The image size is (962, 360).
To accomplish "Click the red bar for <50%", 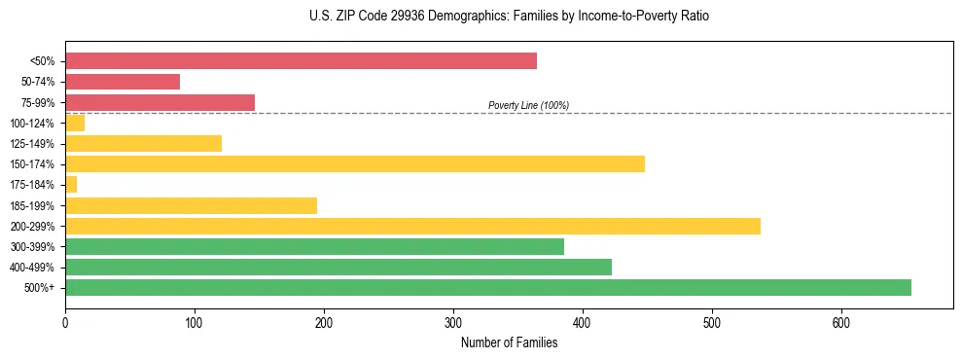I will [301, 61].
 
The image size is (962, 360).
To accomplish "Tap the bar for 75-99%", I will [160, 102].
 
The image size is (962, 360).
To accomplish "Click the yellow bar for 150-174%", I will [354, 164].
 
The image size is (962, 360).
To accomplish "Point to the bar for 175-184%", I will [71, 185].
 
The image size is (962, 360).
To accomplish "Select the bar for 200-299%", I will [412, 226].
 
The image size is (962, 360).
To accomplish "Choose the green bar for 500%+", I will [487, 287].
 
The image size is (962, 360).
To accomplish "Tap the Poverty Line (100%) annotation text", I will [528, 105].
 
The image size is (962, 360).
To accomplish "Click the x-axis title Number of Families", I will [509, 342].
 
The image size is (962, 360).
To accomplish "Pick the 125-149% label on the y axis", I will [32, 144].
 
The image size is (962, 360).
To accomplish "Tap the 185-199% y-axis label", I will [32, 205].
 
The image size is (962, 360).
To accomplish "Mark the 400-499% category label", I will [32, 268].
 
